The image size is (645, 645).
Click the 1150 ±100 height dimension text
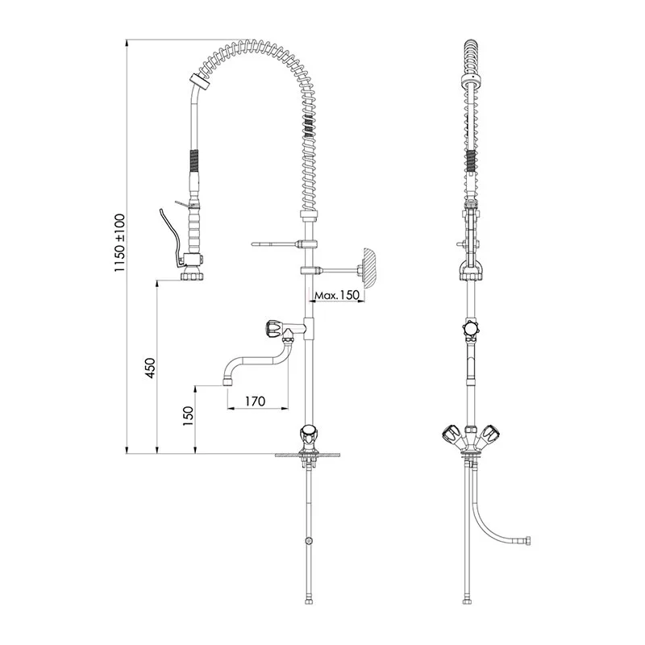coord(119,243)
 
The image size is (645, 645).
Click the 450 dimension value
coord(150,368)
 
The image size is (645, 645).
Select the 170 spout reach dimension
coord(255,401)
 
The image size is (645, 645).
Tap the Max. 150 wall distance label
coord(337,295)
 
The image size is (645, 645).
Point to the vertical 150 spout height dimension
coord(188,415)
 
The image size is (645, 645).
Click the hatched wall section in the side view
coord(368,268)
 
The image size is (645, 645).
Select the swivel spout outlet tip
coord(227,381)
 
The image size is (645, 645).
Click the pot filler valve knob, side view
coord(274,328)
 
